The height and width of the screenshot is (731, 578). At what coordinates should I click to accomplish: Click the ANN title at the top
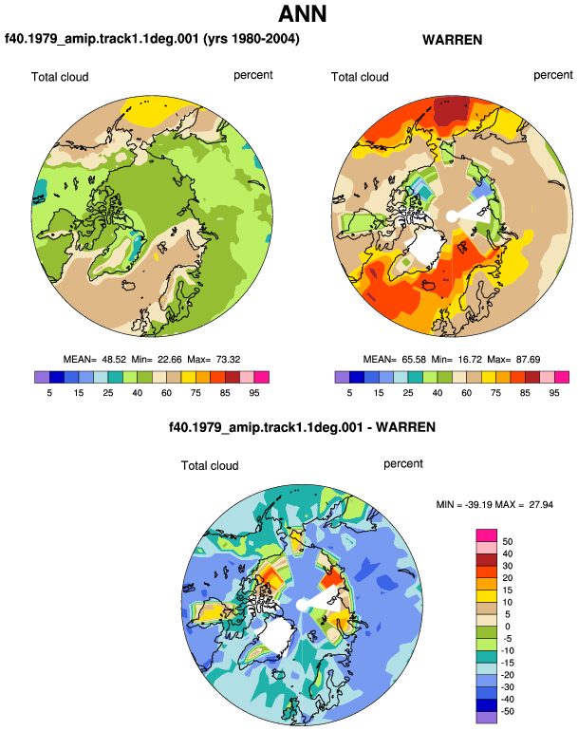[302, 13]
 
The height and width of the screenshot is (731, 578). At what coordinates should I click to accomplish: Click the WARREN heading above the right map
[452, 40]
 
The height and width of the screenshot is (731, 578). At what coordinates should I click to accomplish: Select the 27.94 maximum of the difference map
[541, 504]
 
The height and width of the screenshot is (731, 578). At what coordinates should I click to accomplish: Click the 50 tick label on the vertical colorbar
[507, 542]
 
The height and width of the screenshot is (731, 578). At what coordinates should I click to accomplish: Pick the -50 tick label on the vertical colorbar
[506, 711]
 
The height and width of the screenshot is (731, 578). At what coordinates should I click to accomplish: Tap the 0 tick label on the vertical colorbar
[508, 627]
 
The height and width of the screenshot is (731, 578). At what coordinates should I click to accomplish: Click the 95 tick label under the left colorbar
[254, 393]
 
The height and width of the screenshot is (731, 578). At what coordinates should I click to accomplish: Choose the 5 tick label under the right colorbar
[349, 393]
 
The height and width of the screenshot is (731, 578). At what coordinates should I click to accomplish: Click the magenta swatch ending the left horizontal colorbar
[262, 377]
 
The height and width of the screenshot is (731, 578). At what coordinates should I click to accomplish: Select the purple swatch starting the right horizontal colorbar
[342, 377]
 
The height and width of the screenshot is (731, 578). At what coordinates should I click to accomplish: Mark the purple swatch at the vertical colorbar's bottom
[487, 718]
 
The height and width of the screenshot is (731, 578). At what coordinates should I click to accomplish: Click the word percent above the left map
[253, 75]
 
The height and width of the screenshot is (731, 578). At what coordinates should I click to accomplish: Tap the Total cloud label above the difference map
[210, 466]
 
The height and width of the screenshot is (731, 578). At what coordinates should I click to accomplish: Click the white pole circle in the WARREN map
[452, 216]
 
